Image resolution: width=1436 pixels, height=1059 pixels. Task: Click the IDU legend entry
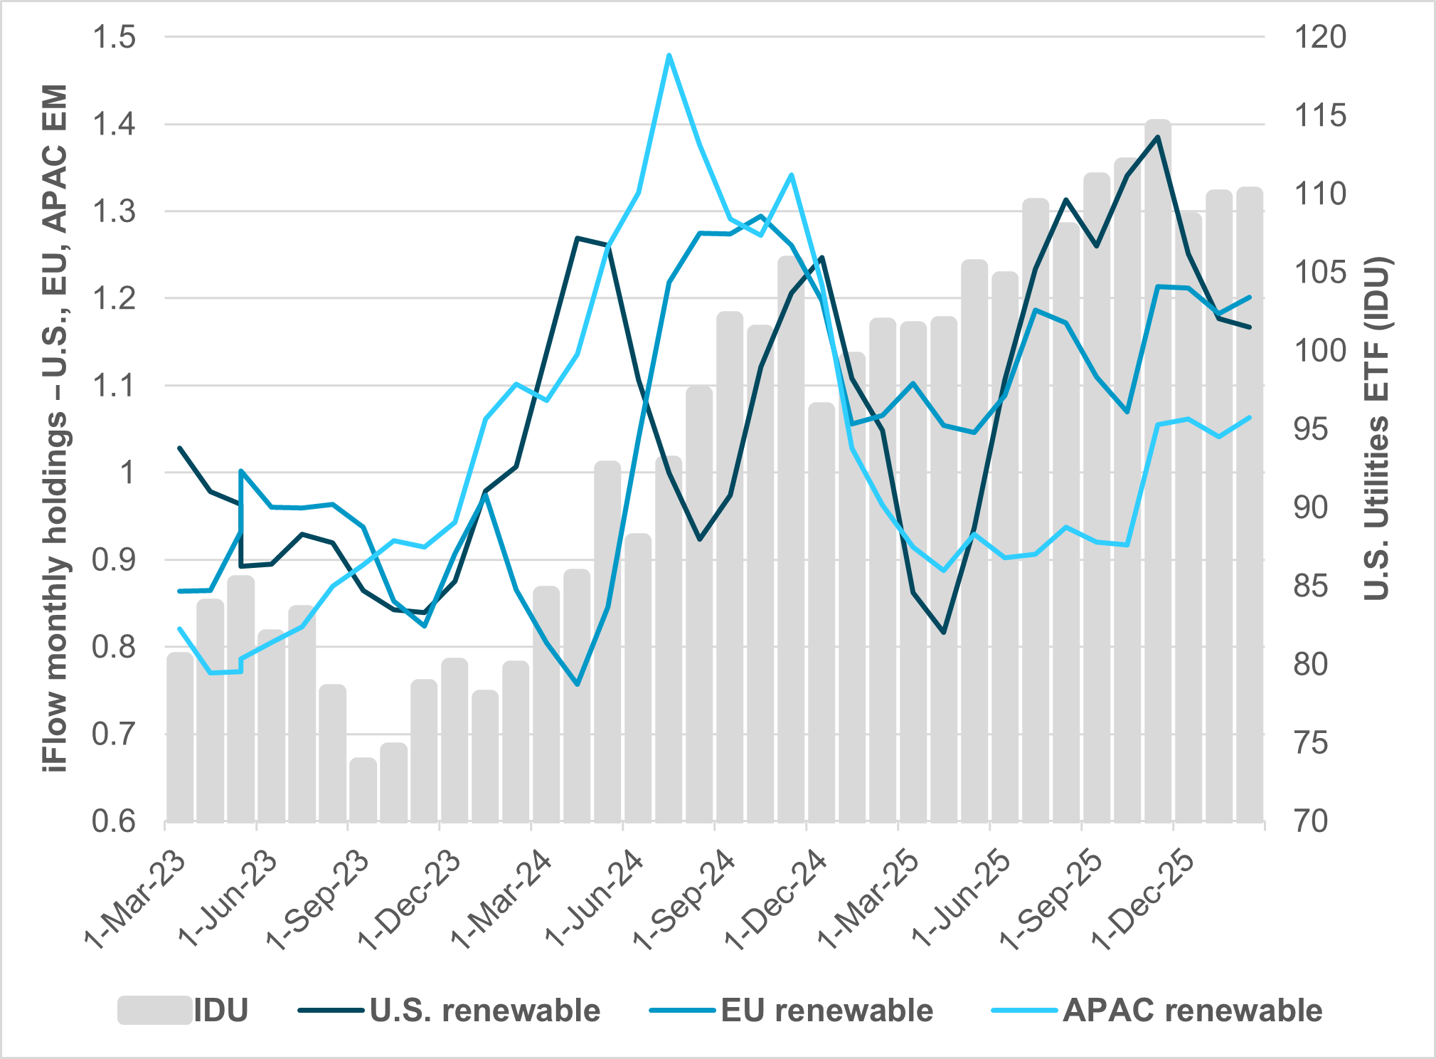184,1010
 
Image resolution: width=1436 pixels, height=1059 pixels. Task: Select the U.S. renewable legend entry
450,1010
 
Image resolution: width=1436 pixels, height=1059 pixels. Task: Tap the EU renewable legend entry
791,1010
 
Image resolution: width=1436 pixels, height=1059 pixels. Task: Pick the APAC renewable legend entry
1156,1010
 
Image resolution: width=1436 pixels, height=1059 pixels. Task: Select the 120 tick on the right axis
1319,37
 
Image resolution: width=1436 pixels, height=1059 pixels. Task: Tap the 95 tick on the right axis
1310,429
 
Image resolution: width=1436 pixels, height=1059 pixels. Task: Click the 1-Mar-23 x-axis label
135,900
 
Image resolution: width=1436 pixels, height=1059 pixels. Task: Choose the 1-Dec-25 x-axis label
1143,900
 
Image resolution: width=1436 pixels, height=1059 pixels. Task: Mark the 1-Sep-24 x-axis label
684,900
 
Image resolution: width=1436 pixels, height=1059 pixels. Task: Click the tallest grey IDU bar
1158,470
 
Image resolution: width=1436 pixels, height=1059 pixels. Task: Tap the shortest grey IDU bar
363,790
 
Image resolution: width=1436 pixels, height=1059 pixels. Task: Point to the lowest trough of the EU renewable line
578,684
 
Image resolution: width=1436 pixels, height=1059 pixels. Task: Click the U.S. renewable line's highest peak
1158,137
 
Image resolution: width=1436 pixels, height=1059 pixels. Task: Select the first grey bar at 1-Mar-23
180,737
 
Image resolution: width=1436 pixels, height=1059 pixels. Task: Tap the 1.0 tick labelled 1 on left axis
128,473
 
